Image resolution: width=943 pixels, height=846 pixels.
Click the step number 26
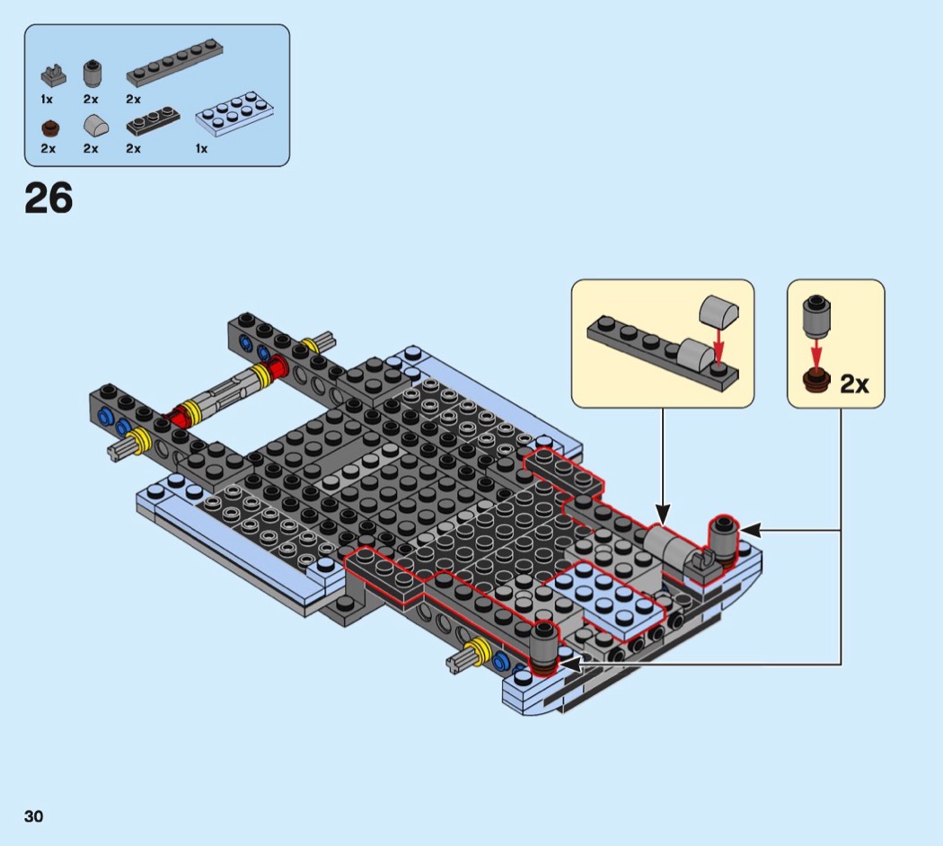coord(48,198)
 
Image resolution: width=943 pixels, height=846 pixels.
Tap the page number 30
coord(34,816)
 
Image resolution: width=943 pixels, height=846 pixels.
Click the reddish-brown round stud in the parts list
coord(49,127)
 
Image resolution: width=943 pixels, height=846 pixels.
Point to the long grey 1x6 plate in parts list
coord(174,63)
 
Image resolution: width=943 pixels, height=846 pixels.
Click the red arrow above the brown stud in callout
coord(817,347)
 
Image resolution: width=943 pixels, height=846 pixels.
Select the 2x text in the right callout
coord(854,384)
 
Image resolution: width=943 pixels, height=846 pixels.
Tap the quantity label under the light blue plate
coord(201,148)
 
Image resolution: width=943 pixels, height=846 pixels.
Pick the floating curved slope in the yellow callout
coord(718,312)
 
